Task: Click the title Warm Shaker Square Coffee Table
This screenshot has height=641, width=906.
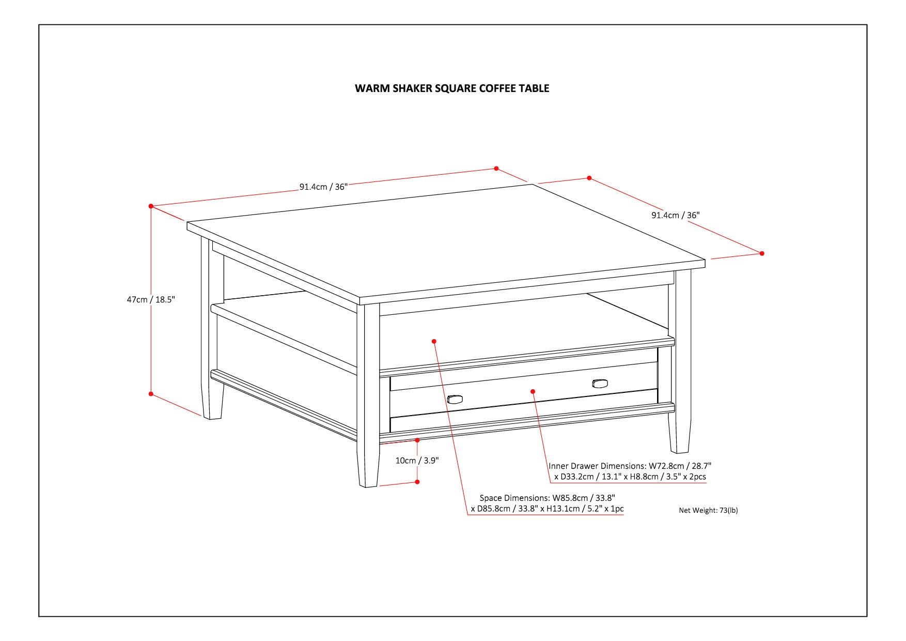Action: (452, 88)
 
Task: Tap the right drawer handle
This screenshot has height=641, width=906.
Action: (600, 383)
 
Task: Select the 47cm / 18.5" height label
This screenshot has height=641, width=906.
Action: (151, 299)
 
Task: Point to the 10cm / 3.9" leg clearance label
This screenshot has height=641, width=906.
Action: (417, 461)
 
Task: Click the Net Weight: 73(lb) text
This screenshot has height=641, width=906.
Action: (708, 510)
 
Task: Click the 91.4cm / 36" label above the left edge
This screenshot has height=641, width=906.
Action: (324, 187)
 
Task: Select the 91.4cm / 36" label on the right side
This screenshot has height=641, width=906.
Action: (675, 215)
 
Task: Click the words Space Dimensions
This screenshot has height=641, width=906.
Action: (514, 498)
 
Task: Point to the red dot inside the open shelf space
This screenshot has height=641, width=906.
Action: (434, 341)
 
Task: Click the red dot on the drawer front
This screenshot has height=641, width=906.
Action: (533, 391)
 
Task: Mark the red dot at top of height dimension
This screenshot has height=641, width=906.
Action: (151, 206)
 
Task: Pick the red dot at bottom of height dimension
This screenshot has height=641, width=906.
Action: (151, 394)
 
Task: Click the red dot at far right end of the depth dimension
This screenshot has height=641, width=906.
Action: (762, 253)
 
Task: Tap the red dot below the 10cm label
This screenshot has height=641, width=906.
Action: (417, 482)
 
